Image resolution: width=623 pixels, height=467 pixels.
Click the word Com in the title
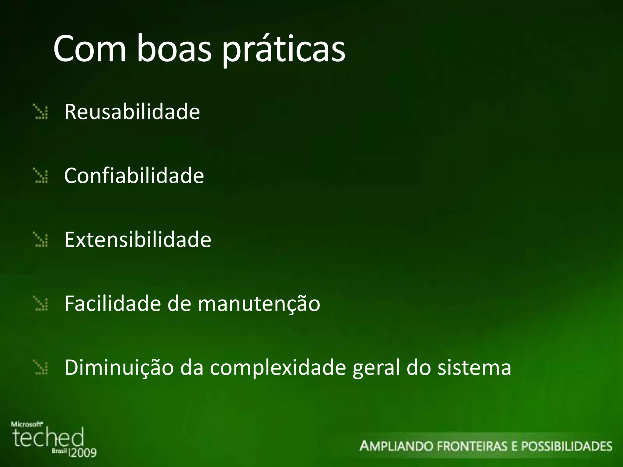click(x=89, y=49)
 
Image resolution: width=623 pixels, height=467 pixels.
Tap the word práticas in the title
click(x=284, y=50)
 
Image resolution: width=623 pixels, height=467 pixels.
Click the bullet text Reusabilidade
click(x=132, y=112)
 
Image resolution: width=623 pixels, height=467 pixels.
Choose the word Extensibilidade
click(x=137, y=240)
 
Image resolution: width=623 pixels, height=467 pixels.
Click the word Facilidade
click(x=112, y=303)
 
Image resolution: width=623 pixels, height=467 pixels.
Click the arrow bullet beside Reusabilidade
click(x=41, y=112)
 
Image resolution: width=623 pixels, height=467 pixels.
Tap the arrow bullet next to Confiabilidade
click(x=41, y=176)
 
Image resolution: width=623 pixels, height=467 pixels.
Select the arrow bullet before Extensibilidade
click(x=41, y=240)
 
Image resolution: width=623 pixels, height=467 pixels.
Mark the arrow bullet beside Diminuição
click(x=41, y=368)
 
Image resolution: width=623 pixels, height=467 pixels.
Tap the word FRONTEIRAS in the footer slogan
click(x=472, y=446)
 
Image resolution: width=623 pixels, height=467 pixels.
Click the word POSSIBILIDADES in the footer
click(x=566, y=446)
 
